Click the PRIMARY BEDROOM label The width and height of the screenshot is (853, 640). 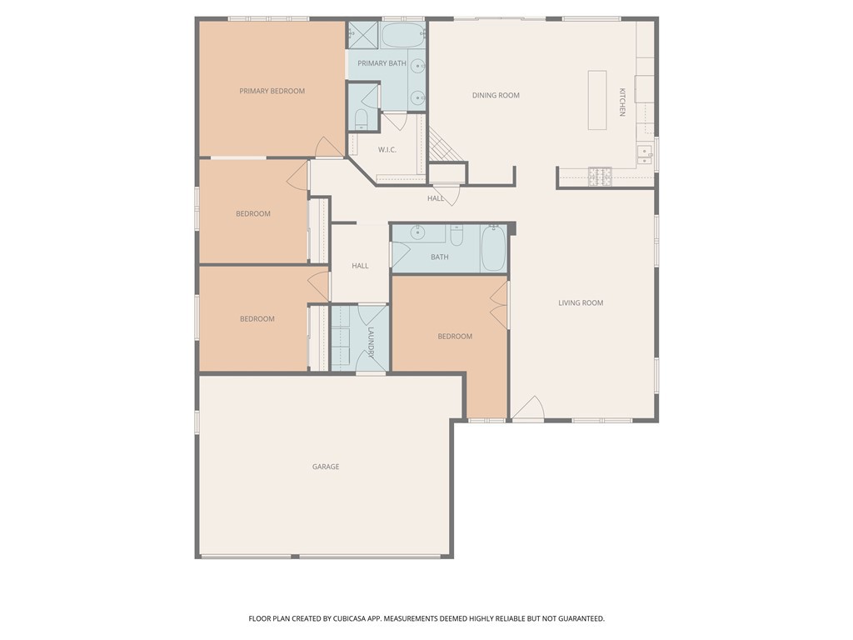(x=272, y=91)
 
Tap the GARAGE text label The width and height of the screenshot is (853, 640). (x=326, y=467)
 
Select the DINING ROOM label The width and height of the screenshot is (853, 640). (x=496, y=95)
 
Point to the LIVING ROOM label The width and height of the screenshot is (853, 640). (x=581, y=302)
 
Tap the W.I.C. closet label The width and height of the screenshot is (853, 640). (x=387, y=150)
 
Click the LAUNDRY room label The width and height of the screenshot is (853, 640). (x=371, y=342)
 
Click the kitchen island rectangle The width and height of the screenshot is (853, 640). (x=597, y=100)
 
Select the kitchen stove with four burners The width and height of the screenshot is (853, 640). (x=600, y=175)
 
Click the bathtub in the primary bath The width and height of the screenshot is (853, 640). (x=403, y=36)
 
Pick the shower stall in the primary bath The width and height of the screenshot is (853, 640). (x=363, y=35)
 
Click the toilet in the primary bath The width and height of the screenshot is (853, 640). (x=362, y=118)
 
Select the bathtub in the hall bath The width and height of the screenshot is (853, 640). (x=493, y=248)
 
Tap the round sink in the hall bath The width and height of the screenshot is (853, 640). (x=419, y=232)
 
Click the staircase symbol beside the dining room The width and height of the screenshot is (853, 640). (x=441, y=151)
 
